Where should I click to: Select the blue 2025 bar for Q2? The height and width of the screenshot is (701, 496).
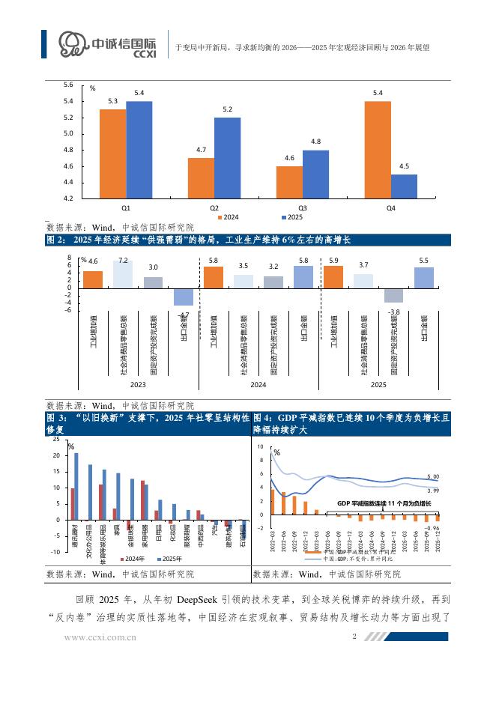click(x=227, y=157)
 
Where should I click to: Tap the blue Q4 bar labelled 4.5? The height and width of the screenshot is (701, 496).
click(x=404, y=186)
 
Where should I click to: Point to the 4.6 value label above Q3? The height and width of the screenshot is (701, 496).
click(x=289, y=158)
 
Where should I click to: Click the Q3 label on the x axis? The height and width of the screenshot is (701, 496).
click(x=303, y=207)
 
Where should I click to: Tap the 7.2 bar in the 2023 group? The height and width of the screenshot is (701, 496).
click(x=123, y=273)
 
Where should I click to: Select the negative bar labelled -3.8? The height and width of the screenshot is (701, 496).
click(x=393, y=295)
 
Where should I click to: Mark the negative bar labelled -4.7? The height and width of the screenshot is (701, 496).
click(x=184, y=297)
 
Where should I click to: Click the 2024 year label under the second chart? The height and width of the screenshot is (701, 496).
click(x=258, y=384)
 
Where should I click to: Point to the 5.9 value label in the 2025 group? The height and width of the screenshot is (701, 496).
click(x=333, y=260)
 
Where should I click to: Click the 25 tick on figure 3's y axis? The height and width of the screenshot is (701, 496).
click(x=58, y=439)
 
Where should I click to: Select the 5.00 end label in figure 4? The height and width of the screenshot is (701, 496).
click(x=432, y=477)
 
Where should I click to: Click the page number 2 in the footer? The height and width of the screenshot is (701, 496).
click(x=353, y=637)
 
